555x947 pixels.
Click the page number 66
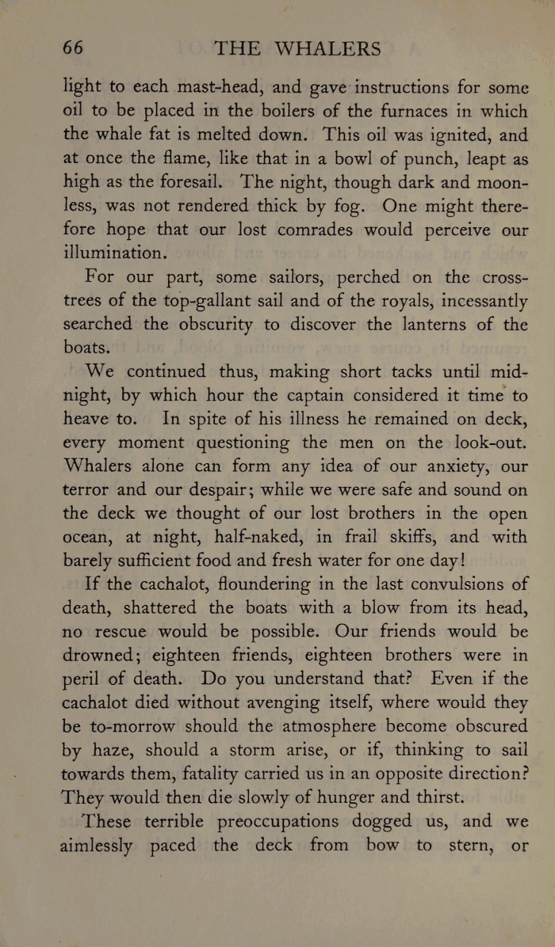pos(73,48)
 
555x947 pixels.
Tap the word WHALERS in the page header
pos(327,48)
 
